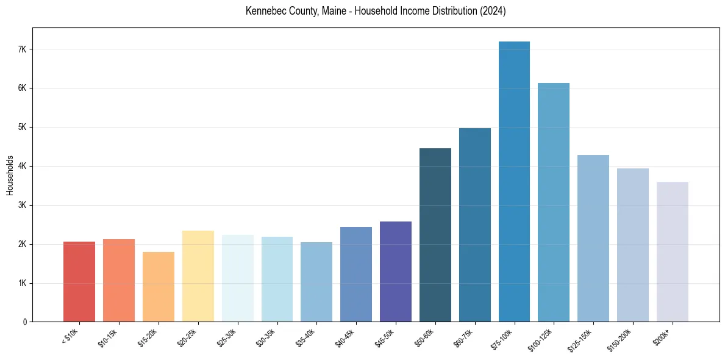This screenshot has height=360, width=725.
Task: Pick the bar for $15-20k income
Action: [159, 287]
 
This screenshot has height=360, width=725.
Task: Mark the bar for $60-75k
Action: [475, 225]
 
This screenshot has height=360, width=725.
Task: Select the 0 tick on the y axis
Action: [24, 322]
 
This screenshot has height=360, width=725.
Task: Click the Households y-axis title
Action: [10, 175]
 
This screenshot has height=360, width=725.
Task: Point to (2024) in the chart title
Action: [494, 11]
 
